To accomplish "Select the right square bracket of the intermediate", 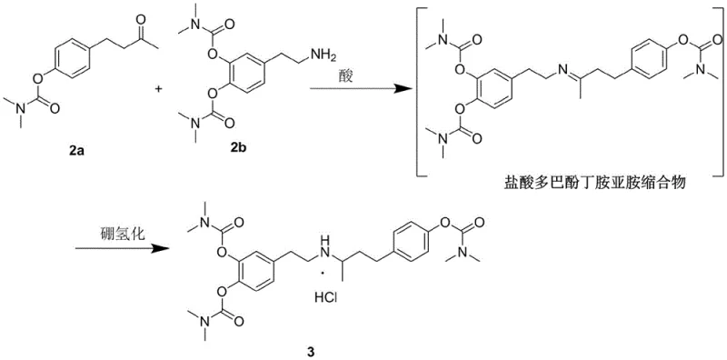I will point(715,91).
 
